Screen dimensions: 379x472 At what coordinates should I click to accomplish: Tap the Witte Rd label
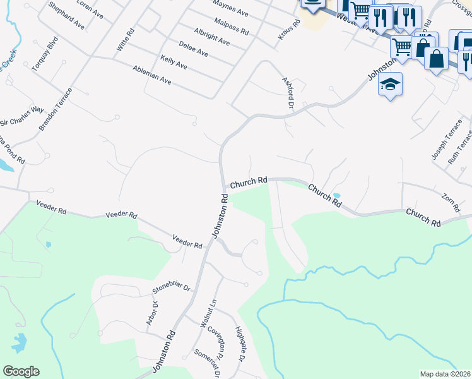point(126,40)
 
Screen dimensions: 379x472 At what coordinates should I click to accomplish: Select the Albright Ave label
point(212,36)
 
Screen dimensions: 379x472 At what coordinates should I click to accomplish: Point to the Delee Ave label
point(194,49)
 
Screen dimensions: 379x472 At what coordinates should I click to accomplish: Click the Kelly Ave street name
point(174,61)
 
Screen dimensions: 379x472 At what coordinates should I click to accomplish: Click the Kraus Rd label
point(286,32)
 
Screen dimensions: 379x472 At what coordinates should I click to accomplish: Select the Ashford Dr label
point(288,92)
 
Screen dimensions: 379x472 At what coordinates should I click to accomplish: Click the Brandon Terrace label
point(56,109)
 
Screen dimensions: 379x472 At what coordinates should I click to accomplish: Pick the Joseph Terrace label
point(438,147)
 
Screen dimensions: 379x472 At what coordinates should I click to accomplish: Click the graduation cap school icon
point(391,84)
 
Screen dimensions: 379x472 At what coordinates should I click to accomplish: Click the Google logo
point(21,371)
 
